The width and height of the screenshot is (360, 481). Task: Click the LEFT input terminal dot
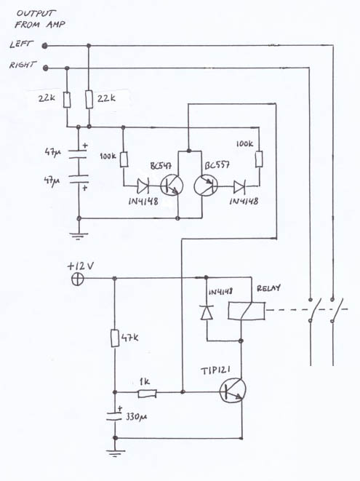45,46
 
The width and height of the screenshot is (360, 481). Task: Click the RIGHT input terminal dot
45,68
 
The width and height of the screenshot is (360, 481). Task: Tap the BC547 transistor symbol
172,186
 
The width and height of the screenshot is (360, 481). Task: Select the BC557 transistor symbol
206,186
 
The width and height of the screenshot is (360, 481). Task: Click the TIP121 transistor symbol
233,391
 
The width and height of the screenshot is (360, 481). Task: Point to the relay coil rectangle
247,311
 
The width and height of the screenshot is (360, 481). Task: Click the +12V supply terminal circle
77,279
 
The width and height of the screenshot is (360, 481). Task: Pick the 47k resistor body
115,338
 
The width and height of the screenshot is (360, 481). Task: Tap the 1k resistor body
148,393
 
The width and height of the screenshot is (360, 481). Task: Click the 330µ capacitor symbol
115,416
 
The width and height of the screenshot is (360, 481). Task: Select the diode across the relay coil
207,313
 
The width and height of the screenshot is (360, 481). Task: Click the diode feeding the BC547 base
143,186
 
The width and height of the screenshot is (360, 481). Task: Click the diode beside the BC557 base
239,187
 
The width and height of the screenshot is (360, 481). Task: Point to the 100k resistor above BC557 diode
259,159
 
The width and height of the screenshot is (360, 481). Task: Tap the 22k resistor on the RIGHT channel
67,100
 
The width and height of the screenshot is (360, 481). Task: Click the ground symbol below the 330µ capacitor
115,453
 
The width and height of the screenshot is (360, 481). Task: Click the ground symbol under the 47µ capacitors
79,236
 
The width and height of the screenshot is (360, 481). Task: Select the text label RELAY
268,288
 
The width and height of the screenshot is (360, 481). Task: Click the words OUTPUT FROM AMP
39,19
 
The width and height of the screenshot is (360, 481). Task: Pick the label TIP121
215,370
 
